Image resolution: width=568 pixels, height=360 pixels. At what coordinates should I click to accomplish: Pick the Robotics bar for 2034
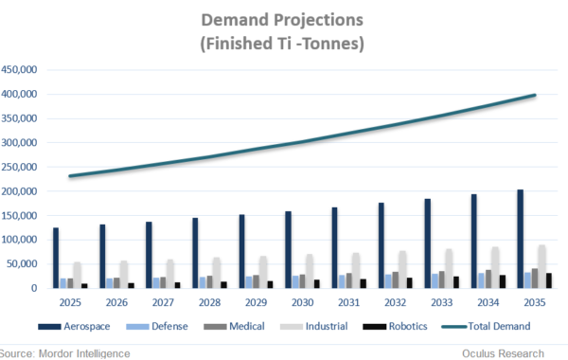502,281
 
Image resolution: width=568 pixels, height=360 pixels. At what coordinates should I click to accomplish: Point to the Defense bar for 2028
204,282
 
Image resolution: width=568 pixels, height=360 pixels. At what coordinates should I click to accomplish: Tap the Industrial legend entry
321,325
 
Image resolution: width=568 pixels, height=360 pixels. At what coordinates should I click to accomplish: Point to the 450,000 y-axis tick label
19,69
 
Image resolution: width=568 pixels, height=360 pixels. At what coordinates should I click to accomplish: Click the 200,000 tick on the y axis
19,190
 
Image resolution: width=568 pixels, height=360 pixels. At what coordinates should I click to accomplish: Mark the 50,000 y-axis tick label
22,263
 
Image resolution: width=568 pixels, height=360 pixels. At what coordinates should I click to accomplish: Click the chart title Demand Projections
284,20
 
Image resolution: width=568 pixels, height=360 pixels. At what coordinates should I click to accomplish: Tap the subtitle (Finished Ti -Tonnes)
284,44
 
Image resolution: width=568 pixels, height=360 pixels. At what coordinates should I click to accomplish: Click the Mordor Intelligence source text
66,352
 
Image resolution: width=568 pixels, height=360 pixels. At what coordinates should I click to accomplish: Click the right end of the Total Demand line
535,95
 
